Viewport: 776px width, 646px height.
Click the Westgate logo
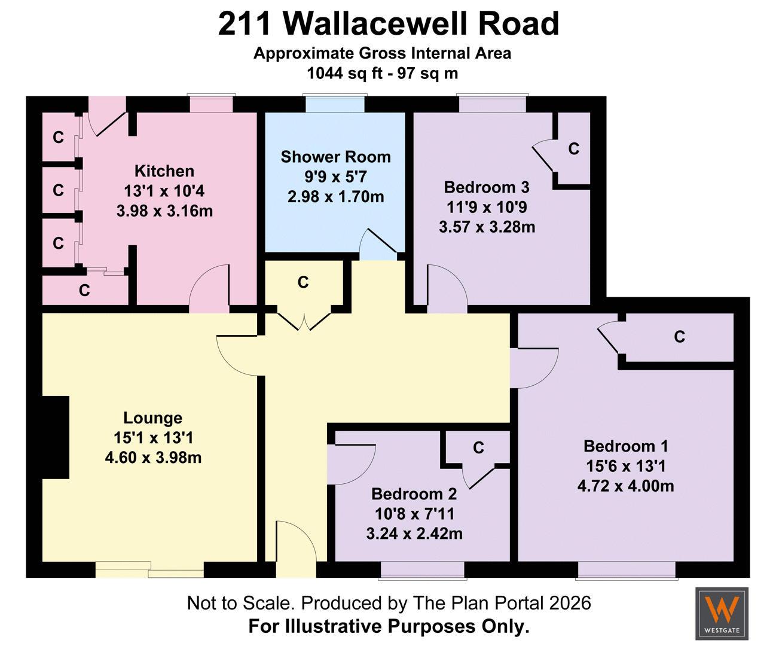click(x=722, y=613)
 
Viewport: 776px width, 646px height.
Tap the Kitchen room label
click(x=164, y=171)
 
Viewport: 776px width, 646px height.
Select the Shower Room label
click(x=335, y=157)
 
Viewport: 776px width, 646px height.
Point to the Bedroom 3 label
click(x=487, y=187)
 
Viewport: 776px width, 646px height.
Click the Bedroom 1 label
click(x=626, y=446)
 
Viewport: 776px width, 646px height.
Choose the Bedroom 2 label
click(x=414, y=494)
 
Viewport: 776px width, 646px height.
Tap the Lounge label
click(x=152, y=418)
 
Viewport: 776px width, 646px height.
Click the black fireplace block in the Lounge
click(x=56, y=437)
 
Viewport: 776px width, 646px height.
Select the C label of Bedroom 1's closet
click(x=679, y=337)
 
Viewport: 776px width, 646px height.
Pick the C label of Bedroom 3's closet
click(x=573, y=149)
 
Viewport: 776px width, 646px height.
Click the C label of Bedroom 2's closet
click(x=478, y=448)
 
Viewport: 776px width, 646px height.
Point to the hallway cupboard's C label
click(x=303, y=283)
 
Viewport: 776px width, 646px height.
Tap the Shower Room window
click(x=335, y=103)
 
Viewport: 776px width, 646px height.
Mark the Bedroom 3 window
click(x=493, y=103)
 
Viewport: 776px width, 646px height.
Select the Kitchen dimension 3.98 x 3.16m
click(x=164, y=211)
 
